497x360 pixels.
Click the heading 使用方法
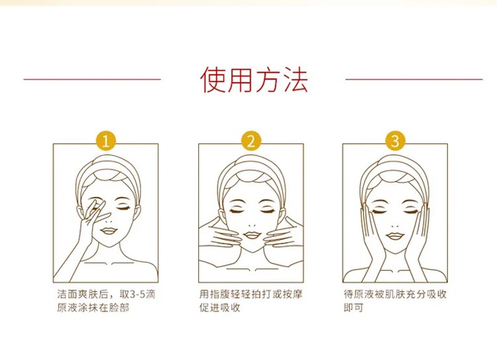[254, 79]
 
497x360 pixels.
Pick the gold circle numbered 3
[395, 141]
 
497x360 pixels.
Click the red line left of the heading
[92, 79]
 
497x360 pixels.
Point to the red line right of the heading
[415, 79]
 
